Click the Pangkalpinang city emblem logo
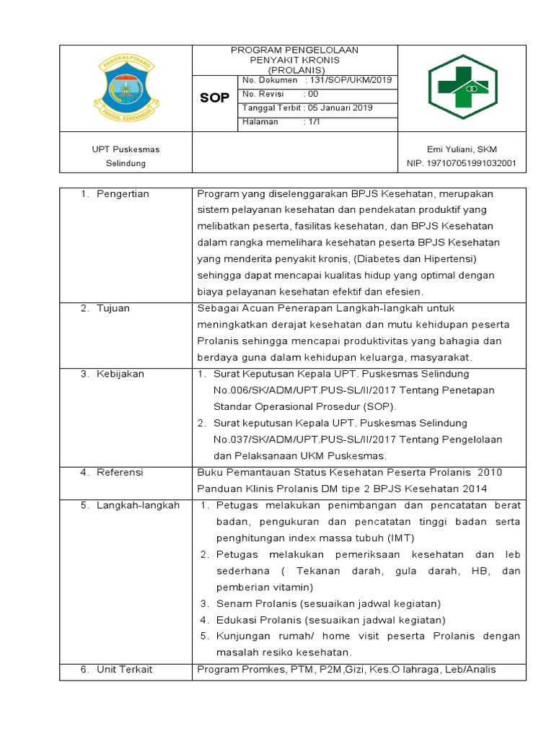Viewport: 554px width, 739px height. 126,87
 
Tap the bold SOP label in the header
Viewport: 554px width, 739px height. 214,97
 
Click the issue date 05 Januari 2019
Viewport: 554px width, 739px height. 338,108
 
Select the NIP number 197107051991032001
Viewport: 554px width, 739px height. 462,163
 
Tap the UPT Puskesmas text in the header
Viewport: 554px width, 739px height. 126,149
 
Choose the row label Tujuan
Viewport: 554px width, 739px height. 113,308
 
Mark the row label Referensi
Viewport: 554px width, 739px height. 120,472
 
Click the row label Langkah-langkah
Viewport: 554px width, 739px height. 138,505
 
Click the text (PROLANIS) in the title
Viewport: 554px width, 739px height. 294,69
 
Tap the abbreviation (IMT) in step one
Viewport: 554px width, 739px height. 401,538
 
